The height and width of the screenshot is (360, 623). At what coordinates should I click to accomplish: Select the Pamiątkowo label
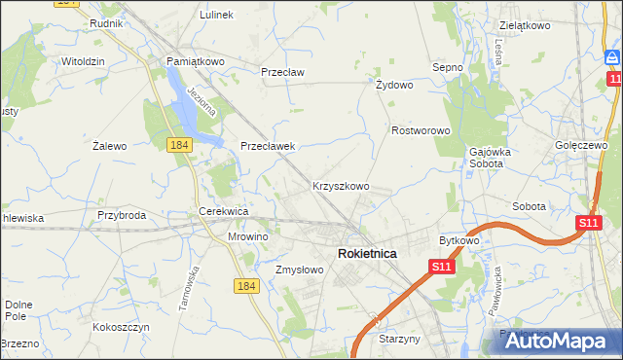196,60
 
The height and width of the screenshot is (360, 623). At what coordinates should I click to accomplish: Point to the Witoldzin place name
83,60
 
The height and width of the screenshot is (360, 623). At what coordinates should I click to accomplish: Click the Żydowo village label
394,85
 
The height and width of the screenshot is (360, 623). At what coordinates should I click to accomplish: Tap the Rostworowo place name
420,129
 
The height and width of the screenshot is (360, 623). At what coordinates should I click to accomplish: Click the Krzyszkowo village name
340,185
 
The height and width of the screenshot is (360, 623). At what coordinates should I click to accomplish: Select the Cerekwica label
224,210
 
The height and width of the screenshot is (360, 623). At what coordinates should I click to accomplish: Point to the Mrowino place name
247,235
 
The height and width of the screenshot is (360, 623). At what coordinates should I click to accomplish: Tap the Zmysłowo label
299,270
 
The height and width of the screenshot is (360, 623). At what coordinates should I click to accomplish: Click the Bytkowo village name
459,239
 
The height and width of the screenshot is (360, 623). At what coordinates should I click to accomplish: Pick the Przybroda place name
122,215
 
